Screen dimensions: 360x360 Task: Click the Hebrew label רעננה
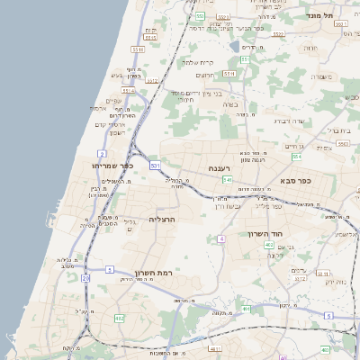click(x=220, y=168)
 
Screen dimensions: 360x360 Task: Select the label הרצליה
click(x=164, y=219)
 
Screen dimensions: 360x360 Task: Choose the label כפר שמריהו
click(x=112, y=166)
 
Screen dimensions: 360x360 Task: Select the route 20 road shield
click(x=85, y=278)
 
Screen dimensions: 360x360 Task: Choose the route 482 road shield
click(x=120, y=318)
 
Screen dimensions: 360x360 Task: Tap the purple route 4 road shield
click(x=221, y=238)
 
